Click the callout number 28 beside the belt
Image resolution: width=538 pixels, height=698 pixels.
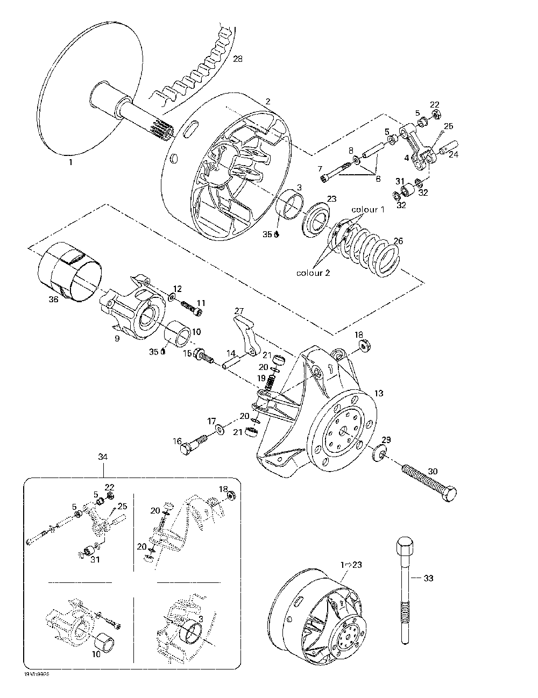point(237,59)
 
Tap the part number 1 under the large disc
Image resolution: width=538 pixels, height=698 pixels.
point(70,161)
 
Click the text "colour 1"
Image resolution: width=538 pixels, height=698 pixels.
point(368,209)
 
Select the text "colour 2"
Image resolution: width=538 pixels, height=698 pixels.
point(313,273)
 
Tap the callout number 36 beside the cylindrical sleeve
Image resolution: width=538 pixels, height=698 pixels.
point(53,300)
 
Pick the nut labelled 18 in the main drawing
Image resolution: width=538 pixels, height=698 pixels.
point(365,346)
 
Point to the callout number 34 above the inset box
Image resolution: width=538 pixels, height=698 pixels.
point(103,457)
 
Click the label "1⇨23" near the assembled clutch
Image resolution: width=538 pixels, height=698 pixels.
point(350,564)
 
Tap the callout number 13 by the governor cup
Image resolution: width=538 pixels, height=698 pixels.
point(379,393)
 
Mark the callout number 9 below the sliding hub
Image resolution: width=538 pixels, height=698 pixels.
point(117,338)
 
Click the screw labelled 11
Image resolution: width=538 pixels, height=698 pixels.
point(193,308)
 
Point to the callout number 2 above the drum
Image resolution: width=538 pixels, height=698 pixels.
point(268,101)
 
